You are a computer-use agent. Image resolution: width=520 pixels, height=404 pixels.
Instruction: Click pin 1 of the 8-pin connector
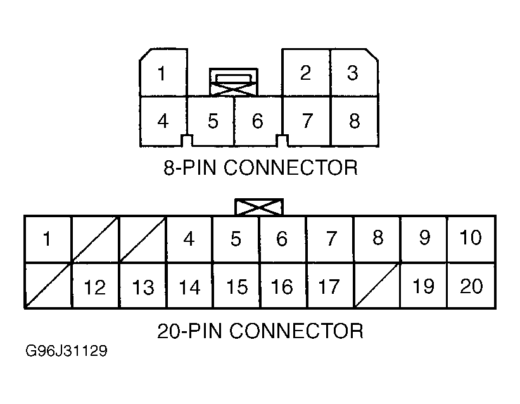(x=163, y=73)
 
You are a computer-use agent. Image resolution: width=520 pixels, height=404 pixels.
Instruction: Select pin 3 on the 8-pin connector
(x=354, y=73)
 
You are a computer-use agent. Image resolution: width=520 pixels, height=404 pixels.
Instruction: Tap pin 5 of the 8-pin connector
(x=211, y=122)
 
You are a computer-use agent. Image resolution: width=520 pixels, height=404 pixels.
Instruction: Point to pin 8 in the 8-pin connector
(x=355, y=122)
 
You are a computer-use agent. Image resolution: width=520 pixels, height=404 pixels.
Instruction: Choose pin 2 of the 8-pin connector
(x=306, y=73)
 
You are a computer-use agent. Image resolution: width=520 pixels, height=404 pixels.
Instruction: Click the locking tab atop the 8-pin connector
(x=234, y=82)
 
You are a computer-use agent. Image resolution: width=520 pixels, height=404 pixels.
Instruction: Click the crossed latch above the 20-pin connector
(x=259, y=207)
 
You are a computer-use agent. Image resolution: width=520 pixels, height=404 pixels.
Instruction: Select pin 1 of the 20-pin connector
(x=48, y=239)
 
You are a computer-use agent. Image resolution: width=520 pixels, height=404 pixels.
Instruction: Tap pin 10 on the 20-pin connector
(x=471, y=239)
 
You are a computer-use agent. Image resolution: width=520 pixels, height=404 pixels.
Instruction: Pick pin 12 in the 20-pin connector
(x=95, y=286)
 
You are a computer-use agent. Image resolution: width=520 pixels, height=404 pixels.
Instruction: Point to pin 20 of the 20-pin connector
(x=471, y=286)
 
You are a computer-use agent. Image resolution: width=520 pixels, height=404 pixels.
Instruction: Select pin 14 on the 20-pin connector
(x=189, y=286)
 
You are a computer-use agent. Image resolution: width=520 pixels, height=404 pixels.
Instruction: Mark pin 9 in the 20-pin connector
(x=424, y=239)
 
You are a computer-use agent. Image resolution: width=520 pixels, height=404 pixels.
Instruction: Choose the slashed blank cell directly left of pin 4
(x=143, y=239)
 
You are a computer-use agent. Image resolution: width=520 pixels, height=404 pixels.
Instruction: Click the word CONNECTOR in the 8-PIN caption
(x=291, y=168)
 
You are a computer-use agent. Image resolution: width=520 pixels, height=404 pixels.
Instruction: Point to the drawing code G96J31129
(x=67, y=351)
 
